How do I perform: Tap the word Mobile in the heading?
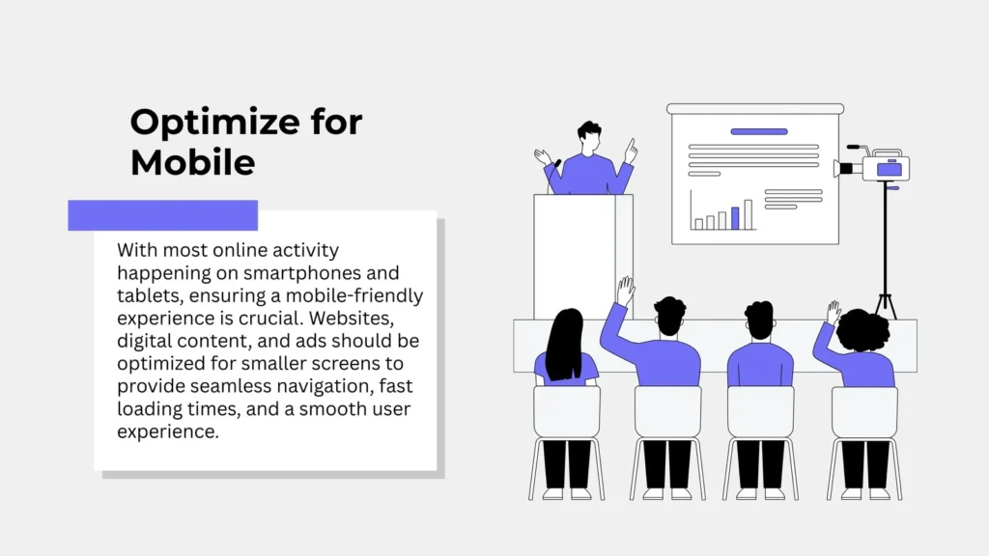point(192,162)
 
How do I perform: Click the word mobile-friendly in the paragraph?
point(354,296)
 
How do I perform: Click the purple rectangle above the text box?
point(162,215)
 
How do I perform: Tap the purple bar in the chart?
point(735,218)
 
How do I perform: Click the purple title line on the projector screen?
point(759,131)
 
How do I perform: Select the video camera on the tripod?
point(873,166)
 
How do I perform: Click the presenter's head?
point(589,136)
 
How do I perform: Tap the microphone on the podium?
point(557,164)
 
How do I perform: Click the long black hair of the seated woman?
point(564,345)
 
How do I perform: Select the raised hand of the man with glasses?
point(625,291)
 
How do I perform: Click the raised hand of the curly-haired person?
point(834,313)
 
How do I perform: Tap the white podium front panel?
point(574,256)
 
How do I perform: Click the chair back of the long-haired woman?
point(566,411)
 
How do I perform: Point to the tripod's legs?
point(885,306)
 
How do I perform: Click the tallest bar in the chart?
point(749,215)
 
